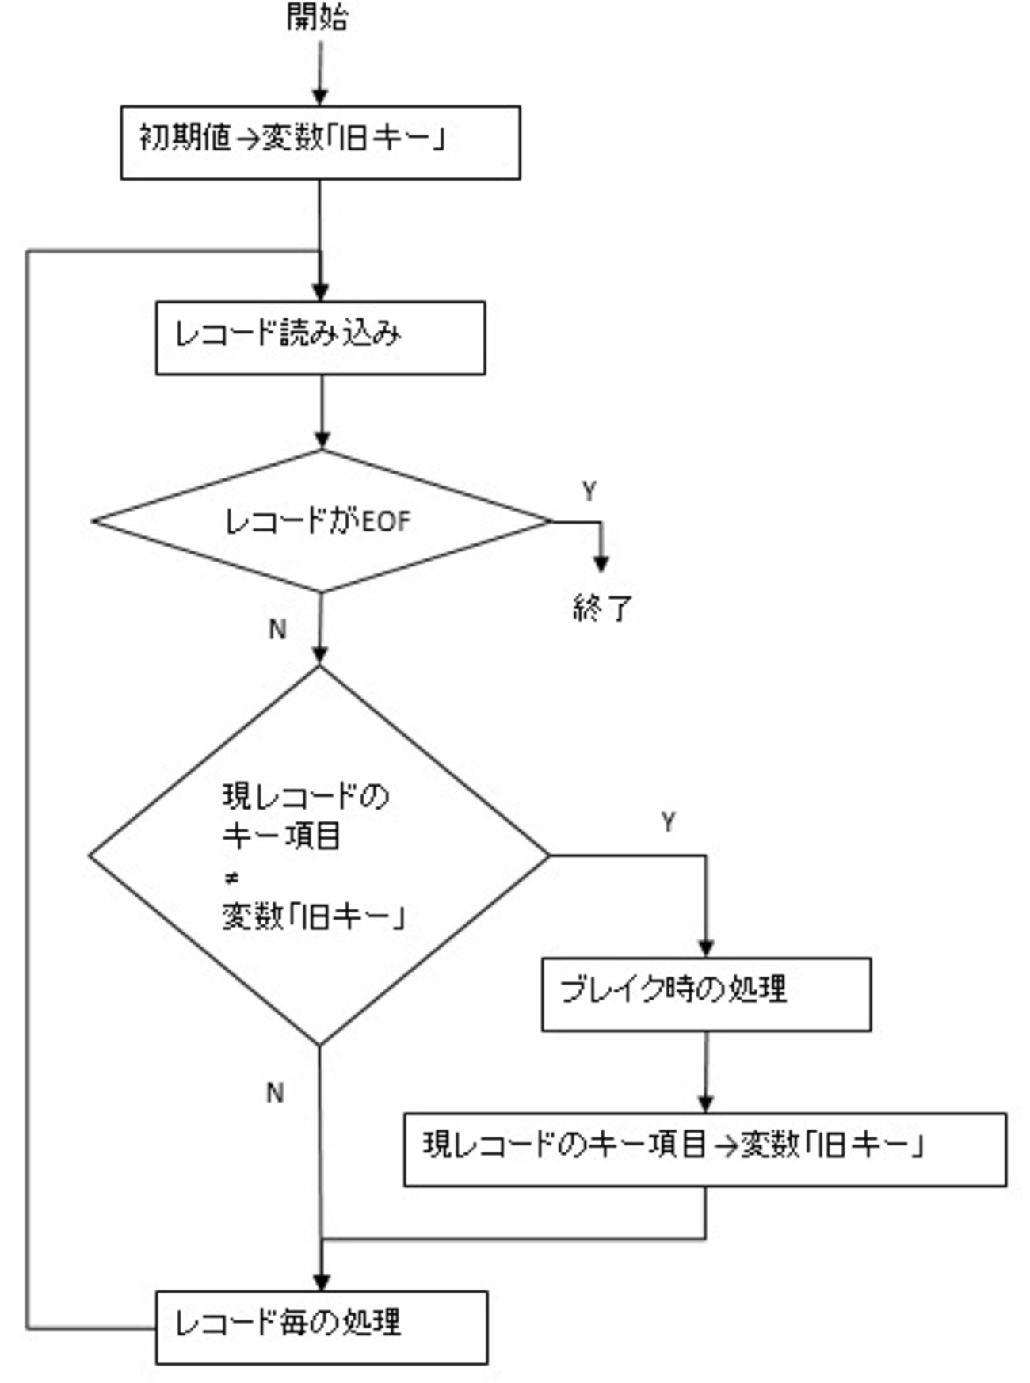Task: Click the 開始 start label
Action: pyautogui.click(x=318, y=18)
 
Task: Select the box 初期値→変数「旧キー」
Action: pyautogui.click(x=320, y=143)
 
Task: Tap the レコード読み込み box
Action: pyautogui.click(x=320, y=337)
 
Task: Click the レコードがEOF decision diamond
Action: pyautogui.click(x=320, y=521)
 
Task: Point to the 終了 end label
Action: pyautogui.click(x=602, y=608)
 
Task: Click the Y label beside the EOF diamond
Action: pyautogui.click(x=589, y=492)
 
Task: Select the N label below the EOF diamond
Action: pyautogui.click(x=277, y=629)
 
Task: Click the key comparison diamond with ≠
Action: pyautogui.click(x=319, y=855)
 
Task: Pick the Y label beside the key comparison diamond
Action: pyautogui.click(x=668, y=822)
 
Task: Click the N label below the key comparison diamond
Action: pyautogui.click(x=275, y=1093)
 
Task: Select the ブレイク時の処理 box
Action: pyautogui.click(x=706, y=994)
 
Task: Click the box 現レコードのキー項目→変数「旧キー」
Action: pyautogui.click(x=705, y=1149)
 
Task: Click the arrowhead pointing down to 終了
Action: pyautogui.click(x=601, y=564)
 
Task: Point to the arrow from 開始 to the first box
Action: pyautogui.click(x=320, y=73)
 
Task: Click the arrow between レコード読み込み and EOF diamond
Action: pyautogui.click(x=322, y=412)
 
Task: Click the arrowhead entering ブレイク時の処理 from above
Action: pyautogui.click(x=706, y=948)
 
